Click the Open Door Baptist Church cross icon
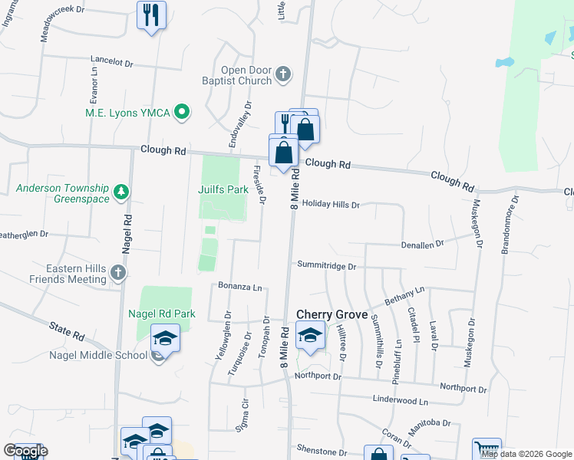(x=284, y=74)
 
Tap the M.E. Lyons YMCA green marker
(x=182, y=113)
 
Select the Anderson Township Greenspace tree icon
(x=120, y=191)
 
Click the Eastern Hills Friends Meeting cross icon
(x=117, y=272)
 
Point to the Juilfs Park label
(x=223, y=189)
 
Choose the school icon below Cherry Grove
(x=310, y=335)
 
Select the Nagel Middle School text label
(x=97, y=355)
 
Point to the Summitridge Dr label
(x=327, y=267)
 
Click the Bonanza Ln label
(x=241, y=287)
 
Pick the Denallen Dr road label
(x=422, y=244)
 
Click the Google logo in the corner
(x=25, y=451)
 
